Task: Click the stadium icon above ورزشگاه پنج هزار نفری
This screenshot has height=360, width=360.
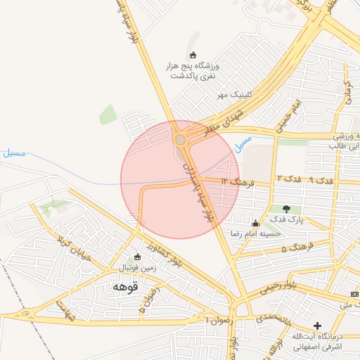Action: click(194, 55)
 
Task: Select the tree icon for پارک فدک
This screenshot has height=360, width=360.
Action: click(286, 209)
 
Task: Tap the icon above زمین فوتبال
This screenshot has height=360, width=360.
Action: click(137, 257)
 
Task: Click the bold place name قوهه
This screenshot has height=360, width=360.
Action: click(125, 287)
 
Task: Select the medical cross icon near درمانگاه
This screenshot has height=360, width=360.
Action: click(318, 326)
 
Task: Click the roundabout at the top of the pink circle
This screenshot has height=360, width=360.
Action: click(181, 140)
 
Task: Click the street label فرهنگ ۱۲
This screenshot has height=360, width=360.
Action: click(235, 181)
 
